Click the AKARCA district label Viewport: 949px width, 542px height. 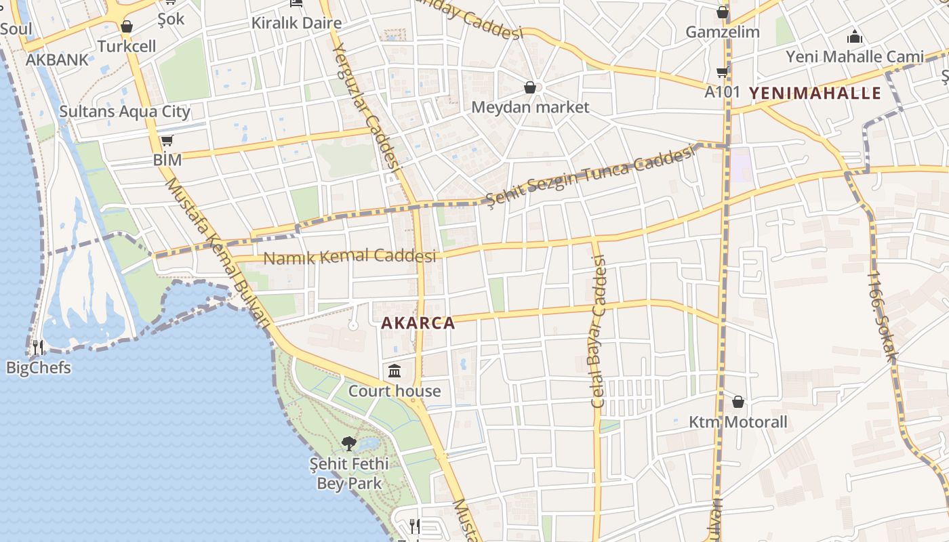point(418,323)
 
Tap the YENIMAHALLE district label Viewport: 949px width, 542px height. point(814,93)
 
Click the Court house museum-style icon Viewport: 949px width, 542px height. point(395,371)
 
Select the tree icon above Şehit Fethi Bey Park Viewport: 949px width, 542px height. point(349,444)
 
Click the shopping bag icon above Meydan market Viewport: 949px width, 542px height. point(530,87)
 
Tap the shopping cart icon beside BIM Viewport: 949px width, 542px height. point(167,141)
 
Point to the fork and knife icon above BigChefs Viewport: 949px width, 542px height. point(38,348)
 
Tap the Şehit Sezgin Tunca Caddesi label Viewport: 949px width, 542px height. point(591,175)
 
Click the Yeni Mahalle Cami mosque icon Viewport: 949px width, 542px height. point(855,37)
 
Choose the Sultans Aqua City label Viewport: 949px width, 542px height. point(125,112)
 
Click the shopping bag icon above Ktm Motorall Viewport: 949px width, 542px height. point(738,402)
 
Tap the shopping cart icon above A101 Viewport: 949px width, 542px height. point(722,72)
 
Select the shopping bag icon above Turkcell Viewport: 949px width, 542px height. point(126,27)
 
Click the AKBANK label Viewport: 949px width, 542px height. point(57,60)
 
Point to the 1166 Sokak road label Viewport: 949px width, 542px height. point(881,316)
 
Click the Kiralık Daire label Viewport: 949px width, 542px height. point(296,22)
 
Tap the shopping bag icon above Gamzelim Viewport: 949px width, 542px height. point(723,12)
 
